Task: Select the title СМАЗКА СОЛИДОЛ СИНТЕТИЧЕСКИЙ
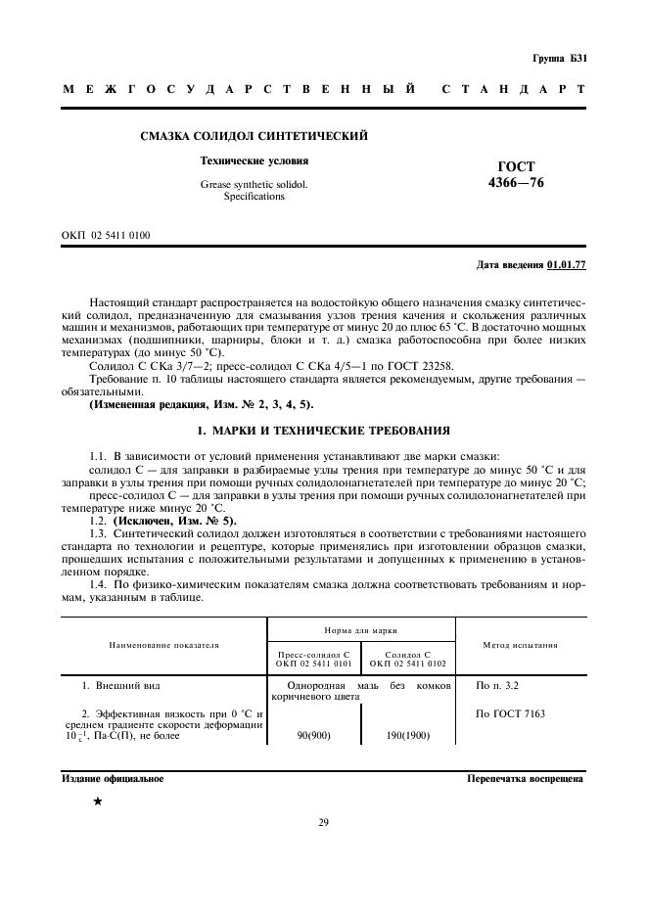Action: pos(254,136)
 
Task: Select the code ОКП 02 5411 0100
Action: pos(106,236)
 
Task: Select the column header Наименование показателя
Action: pos(164,645)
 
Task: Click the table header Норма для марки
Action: pos(361,631)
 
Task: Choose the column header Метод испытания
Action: pos(521,645)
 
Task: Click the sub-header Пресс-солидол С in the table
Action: pos(314,653)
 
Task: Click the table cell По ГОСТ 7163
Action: pos(510,713)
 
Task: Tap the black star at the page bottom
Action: pos(97,801)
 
